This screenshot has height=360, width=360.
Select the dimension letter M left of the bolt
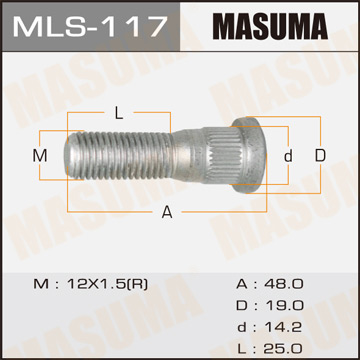tap(41, 156)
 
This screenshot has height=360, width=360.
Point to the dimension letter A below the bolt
tap(167, 211)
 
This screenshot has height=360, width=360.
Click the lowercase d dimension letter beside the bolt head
tap(288, 156)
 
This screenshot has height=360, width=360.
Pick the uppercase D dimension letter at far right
tap(320, 156)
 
